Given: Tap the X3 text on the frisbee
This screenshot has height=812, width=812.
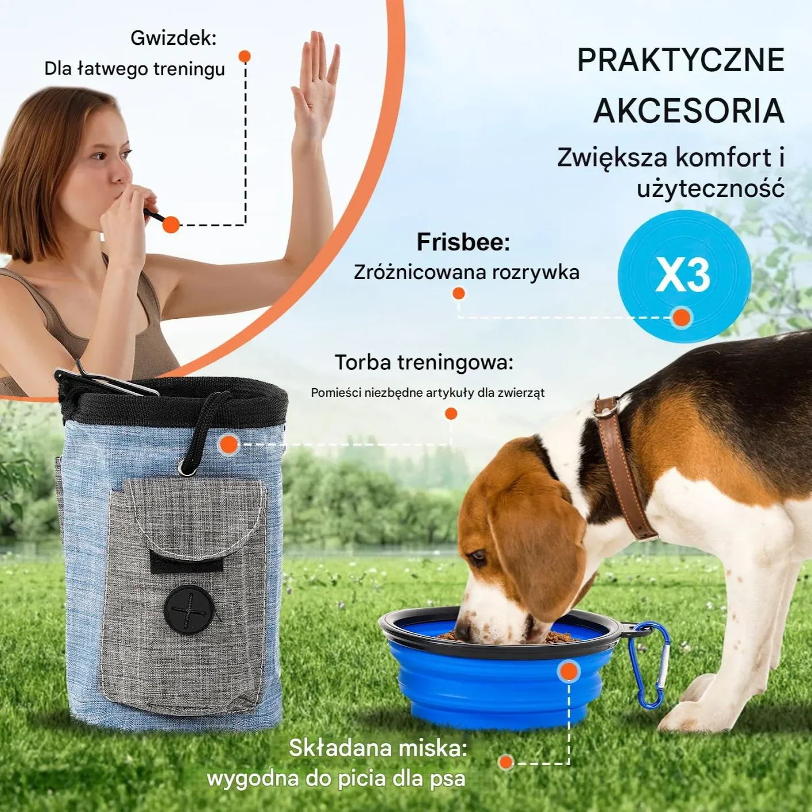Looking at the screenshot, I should pyautogui.click(x=683, y=274).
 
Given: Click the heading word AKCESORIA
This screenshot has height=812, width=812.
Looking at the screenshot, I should pyautogui.click(x=689, y=111).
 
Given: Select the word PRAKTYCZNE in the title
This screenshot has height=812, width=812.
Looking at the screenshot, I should pyautogui.click(x=680, y=60).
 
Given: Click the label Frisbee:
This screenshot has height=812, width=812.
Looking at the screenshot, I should pyautogui.click(x=463, y=242).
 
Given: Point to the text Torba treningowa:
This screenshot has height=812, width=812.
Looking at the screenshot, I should pyautogui.click(x=424, y=362).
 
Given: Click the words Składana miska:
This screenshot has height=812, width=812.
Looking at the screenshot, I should pyautogui.click(x=378, y=748).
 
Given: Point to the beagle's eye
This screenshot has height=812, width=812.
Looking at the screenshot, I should pyautogui.click(x=477, y=556).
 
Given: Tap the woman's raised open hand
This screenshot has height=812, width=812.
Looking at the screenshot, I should pyautogui.click(x=315, y=80).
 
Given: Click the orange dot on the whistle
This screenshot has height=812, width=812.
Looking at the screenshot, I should pyautogui.click(x=171, y=225).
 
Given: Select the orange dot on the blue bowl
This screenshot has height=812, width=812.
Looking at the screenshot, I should pyautogui.click(x=569, y=671).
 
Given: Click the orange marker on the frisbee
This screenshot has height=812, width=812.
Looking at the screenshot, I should pyautogui.click(x=682, y=317).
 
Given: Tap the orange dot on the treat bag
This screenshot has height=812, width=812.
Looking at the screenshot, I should pyautogui.click(x=229, y=444).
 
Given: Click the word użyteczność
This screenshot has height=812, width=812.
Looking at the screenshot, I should pyautogui.click(x=710, y=188).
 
